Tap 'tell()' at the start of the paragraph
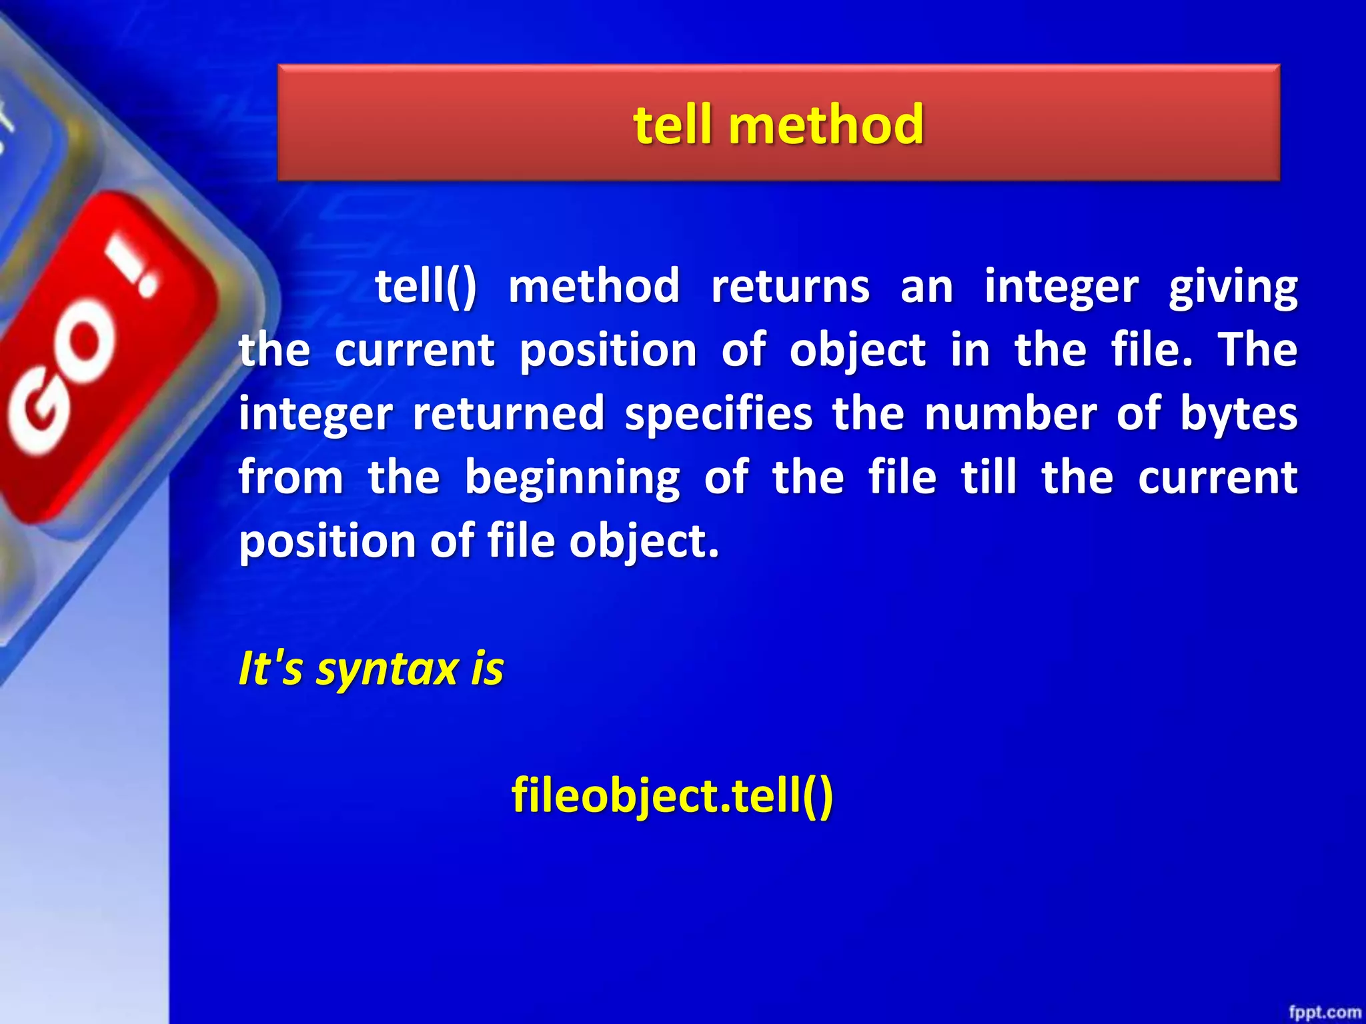426,287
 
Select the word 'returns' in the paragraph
790,287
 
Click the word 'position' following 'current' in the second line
608,351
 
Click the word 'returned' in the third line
508,413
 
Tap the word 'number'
1010,413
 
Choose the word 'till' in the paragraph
988,477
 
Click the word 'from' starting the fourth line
291,477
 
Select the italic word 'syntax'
387,669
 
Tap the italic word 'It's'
270,668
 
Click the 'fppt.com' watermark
1324,1012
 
